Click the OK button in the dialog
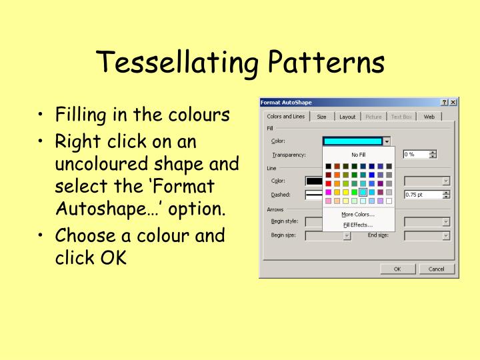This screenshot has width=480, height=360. point(397,269)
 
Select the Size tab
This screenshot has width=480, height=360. point(321,117)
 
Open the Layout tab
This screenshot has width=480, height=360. point(347,117)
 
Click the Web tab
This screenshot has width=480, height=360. point(429,117)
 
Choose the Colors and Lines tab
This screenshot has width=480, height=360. point(286,117)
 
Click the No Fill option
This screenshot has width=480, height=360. point(359,154)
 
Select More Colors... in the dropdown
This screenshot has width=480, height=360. point(358,214)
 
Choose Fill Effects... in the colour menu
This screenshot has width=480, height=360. point(358,225)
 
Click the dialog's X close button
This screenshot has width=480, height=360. point(453,102)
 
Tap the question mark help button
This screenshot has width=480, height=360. point(444,102)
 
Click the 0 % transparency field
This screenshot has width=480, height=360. point(416,154)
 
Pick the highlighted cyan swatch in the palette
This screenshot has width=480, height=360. point(363,192)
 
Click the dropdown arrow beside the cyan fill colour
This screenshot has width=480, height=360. point(387,141)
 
